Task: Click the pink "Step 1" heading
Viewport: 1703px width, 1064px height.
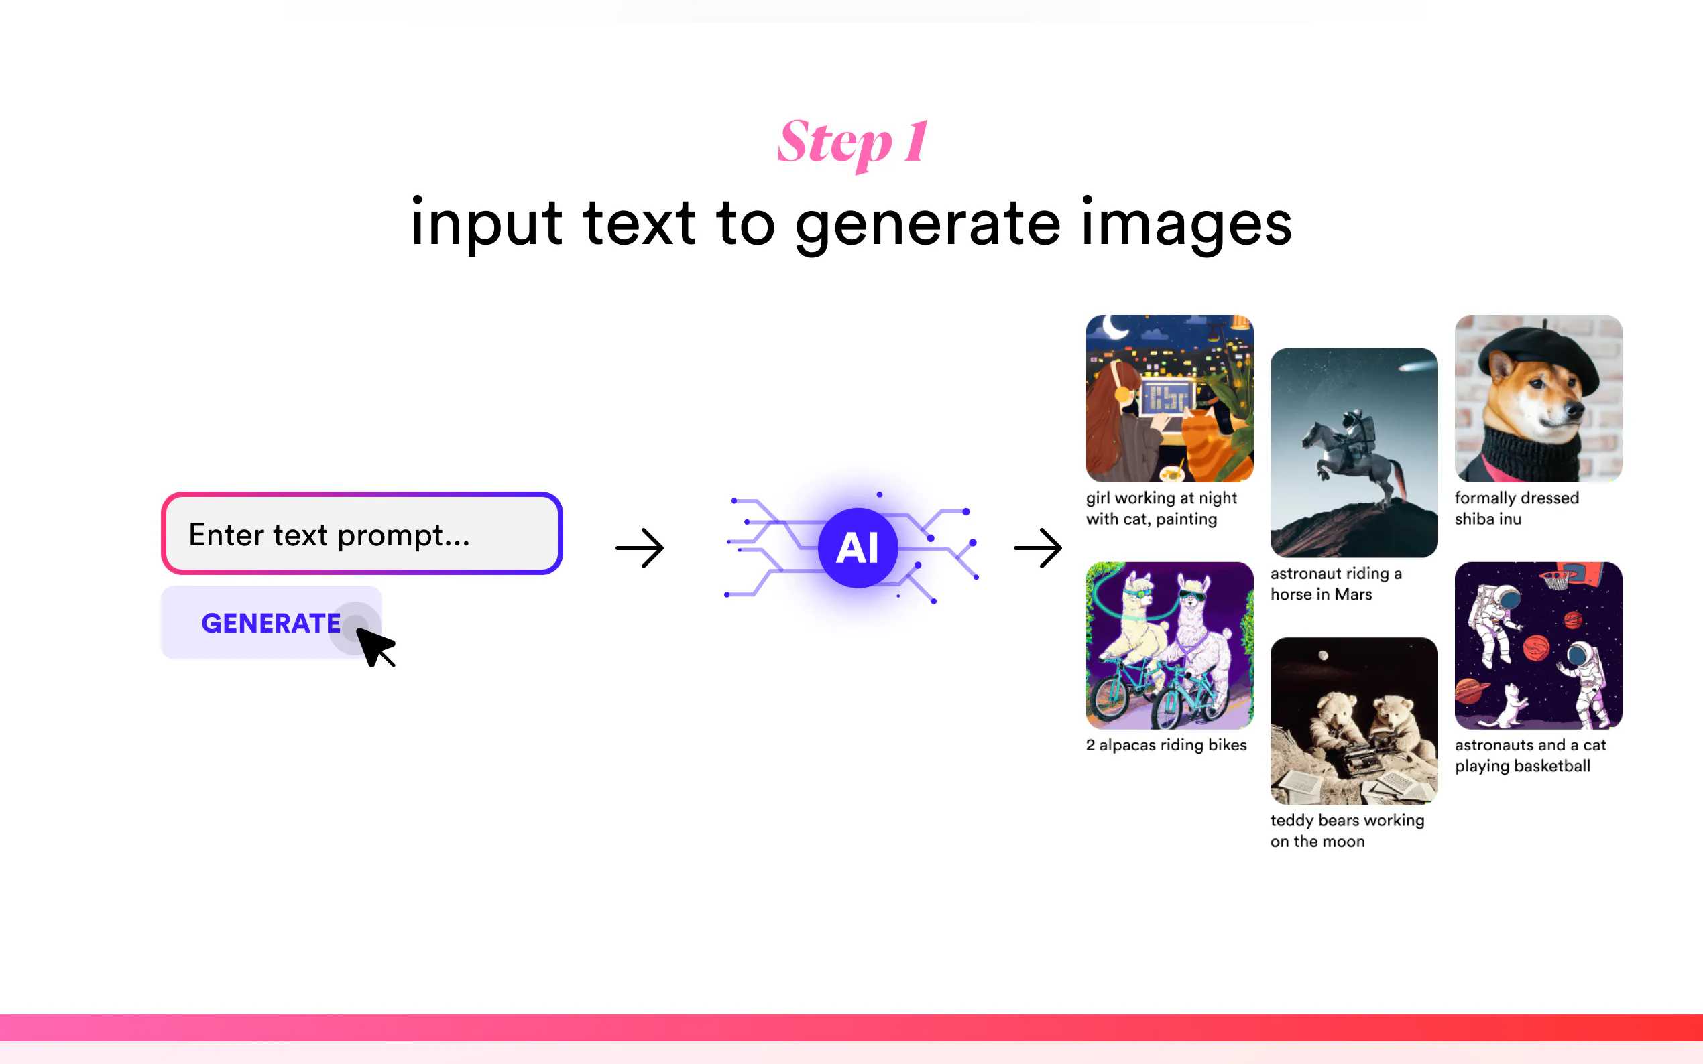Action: click(853, 142)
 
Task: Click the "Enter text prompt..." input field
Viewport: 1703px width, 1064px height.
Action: click(362, 533)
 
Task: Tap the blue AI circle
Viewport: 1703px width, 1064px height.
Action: click(858, 547)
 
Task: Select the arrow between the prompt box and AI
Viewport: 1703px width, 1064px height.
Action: click(639, 547)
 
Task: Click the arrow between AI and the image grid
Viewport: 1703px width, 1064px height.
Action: click(1038, 547)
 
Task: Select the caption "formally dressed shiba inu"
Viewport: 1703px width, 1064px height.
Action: click(1517, 508)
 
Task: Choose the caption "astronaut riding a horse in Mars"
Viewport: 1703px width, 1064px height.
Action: click(1336, 584)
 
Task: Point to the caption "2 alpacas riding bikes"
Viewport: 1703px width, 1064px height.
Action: click(1166, 744)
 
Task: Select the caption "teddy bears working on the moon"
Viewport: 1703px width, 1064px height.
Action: click(1347, 830)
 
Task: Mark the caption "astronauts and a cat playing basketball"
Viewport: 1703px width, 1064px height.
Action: click(1531, 755)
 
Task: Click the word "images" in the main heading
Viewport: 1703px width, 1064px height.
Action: click(1186, 224)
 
